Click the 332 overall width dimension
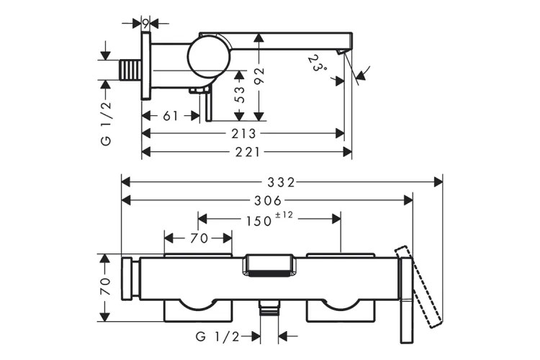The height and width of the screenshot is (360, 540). pos(282,182)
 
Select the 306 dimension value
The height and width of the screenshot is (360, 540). pos(268,200)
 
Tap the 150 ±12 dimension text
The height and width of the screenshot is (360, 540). pos(269,220)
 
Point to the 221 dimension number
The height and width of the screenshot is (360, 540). pos(247,152)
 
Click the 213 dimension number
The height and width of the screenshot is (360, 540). pos(243,134)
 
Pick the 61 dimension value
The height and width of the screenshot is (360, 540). pos(171,116)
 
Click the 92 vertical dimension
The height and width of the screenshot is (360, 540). pos(259,76)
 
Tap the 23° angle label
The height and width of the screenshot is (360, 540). pos(315,63)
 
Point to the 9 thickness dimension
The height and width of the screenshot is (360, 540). pos(145,24)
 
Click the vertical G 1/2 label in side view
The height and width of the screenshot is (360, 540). pos(107,123)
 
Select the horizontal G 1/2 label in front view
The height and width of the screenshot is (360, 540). pos(217,336)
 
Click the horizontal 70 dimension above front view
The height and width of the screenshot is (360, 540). pos(199,238)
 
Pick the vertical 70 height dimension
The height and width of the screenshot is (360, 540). pos(105,286)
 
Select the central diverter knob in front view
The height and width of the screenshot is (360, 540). pos(269,265)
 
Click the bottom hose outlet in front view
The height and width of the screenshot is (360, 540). pos(269,307)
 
